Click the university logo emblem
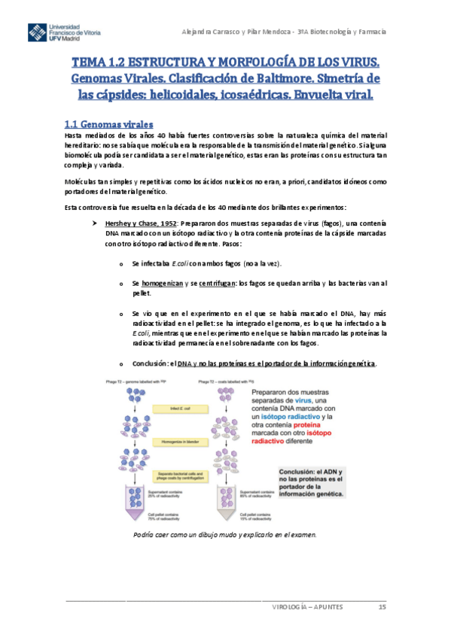tap(36, 33)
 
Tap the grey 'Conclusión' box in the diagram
tap(310, 482)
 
